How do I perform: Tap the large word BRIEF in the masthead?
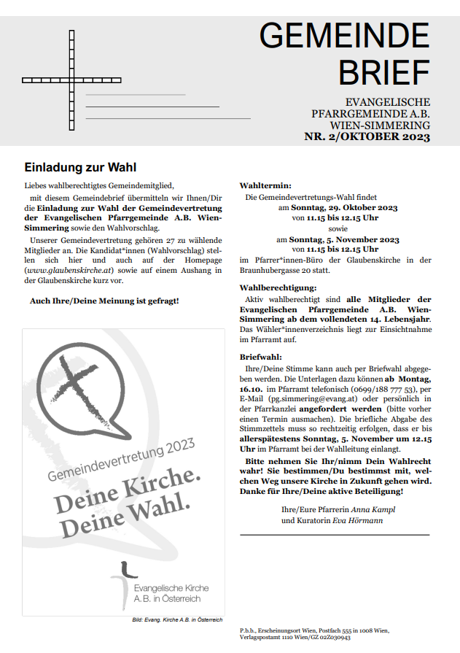point(384,71)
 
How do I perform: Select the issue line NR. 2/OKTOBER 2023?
point(367,137)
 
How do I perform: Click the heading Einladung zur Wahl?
point(80,167)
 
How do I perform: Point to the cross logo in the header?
point(72,79)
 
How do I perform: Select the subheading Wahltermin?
point(265,185)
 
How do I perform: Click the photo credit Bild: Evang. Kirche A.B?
point(177,619)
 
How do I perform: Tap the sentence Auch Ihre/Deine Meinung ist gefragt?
point(104,301)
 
